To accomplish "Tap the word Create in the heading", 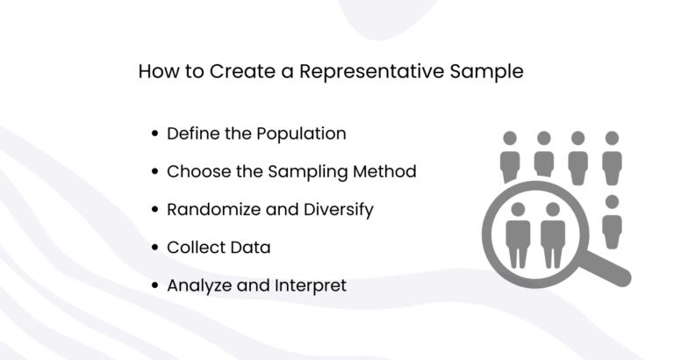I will coord(240,72).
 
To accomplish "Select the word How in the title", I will coord(159,72).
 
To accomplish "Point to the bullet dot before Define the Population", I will coord(155,134).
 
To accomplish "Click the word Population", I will coord(301,134).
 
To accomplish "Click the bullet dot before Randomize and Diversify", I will coord(155,210).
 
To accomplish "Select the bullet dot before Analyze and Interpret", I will coord(155,285).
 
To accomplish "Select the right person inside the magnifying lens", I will coord(552,233).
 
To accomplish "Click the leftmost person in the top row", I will coord(510,156).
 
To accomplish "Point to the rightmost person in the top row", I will coord(612,156).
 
